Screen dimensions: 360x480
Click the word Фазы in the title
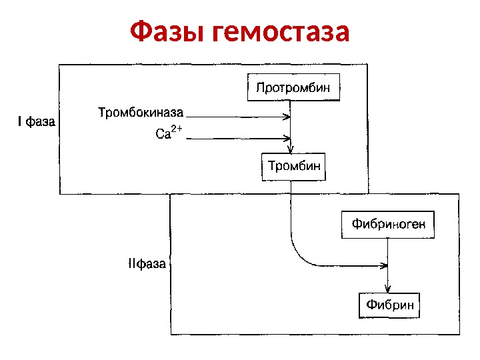(x=167, y=31)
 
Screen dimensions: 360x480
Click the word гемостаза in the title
(x=280, y=31)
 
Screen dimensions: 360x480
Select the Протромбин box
(x=293, y=87)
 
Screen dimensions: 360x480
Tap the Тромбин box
(x=294, y=166)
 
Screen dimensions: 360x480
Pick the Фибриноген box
(x=388, y=225)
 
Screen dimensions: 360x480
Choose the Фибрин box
(x=390, y=305)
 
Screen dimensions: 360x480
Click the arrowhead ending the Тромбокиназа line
(x=287, y=117)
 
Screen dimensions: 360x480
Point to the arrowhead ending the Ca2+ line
(x=289, y=139)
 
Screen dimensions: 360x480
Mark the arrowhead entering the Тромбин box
(x=291, y=149)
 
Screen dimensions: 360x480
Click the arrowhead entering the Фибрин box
(x=388, y=289)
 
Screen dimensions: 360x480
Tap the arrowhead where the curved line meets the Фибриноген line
(x=385, y=265)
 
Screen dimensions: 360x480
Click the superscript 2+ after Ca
(x=177, y=128)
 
